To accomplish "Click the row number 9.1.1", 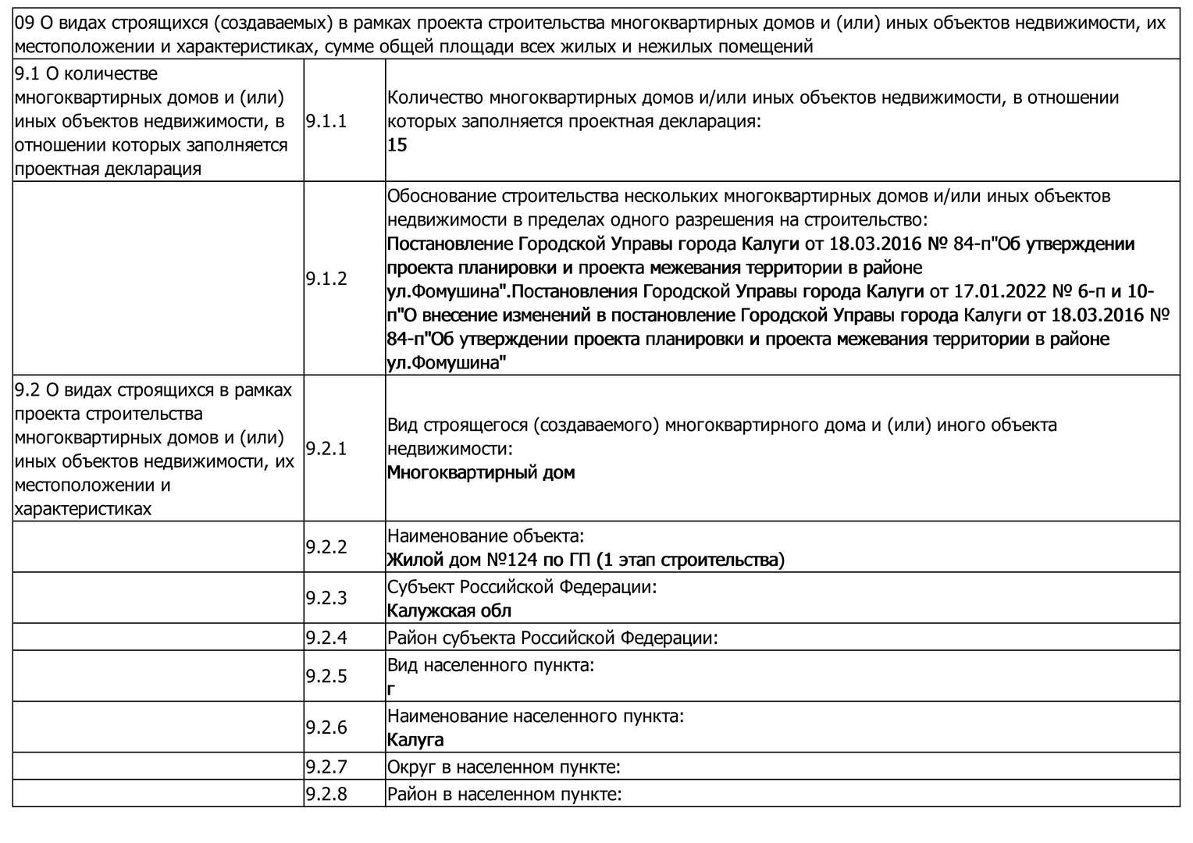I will pos(326,121).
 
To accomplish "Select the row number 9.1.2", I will pos(326,279).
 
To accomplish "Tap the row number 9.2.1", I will pos(326,449).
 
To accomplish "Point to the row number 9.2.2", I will pos(326,546).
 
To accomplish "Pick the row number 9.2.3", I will pos(326,598).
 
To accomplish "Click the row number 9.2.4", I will pos(326,637).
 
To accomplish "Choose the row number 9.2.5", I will pos(326,676).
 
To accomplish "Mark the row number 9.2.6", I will pos(326,727).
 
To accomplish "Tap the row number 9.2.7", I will pos(326,767).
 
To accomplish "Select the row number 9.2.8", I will pos(326,795).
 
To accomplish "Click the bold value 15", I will pos(397,145).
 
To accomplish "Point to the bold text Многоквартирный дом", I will pos(481,472).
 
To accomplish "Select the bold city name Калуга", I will pos(415,740).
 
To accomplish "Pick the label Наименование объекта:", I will pos(486,536).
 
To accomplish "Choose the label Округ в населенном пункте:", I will pos(504,767).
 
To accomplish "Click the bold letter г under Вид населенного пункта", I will pos(391,689).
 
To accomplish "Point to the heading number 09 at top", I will pos(25,23).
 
